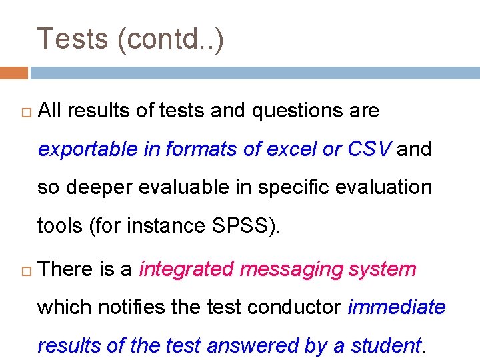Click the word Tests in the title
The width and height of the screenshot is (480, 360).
coord(73,39)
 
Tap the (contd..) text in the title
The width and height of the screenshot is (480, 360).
coord(170,39)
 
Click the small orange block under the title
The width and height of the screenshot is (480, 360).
coord(13,72)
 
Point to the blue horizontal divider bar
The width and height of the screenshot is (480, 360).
coord(254,72)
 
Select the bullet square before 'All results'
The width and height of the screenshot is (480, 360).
coord(24,111)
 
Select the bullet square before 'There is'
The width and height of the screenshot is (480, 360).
coord(24,270)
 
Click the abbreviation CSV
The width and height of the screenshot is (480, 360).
coord(369,149)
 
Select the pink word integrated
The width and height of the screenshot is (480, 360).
coord(186,269)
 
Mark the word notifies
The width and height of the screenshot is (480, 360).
coord(130,307)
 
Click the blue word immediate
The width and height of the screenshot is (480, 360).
coord(397,307)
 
